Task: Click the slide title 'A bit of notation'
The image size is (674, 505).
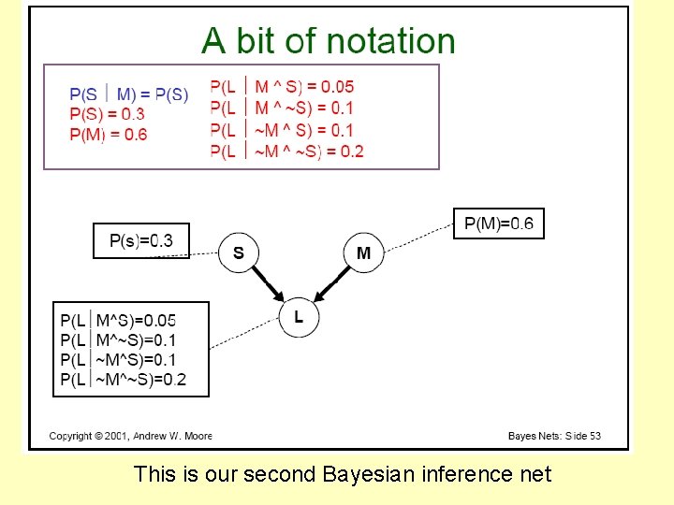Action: [329, 41]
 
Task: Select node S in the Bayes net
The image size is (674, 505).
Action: [238, 252]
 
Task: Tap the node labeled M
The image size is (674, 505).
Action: [364, 252]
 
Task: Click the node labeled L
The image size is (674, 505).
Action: [299, 317]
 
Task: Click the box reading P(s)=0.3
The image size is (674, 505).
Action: [141, 240]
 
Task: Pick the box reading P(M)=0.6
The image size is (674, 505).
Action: [498, 224]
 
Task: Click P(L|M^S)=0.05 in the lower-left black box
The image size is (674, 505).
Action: [118, 320]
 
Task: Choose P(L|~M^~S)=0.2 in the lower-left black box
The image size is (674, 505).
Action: [123, 379]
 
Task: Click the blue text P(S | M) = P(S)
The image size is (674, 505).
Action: [128, 94]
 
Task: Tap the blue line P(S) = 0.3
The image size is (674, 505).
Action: [107, 114]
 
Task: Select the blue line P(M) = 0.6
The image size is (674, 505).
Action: [108, 134]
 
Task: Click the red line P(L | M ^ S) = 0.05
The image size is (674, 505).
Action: [282, 87]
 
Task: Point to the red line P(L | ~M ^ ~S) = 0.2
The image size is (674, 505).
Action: [286, 151]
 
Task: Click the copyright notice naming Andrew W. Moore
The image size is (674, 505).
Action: [130, 436]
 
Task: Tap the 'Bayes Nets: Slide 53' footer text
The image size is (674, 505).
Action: [554, 436]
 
